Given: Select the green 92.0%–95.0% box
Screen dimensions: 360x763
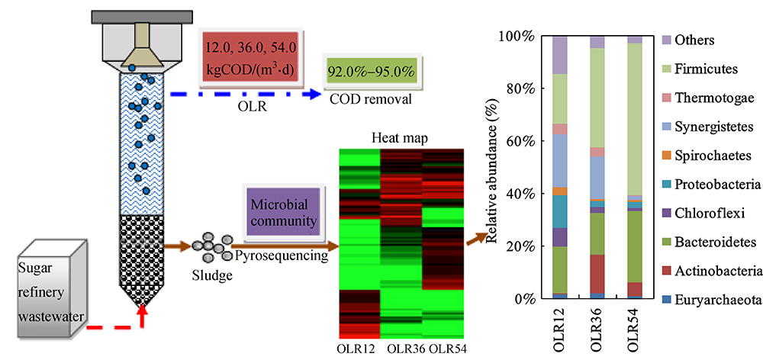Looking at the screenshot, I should [x=371, y=73].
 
